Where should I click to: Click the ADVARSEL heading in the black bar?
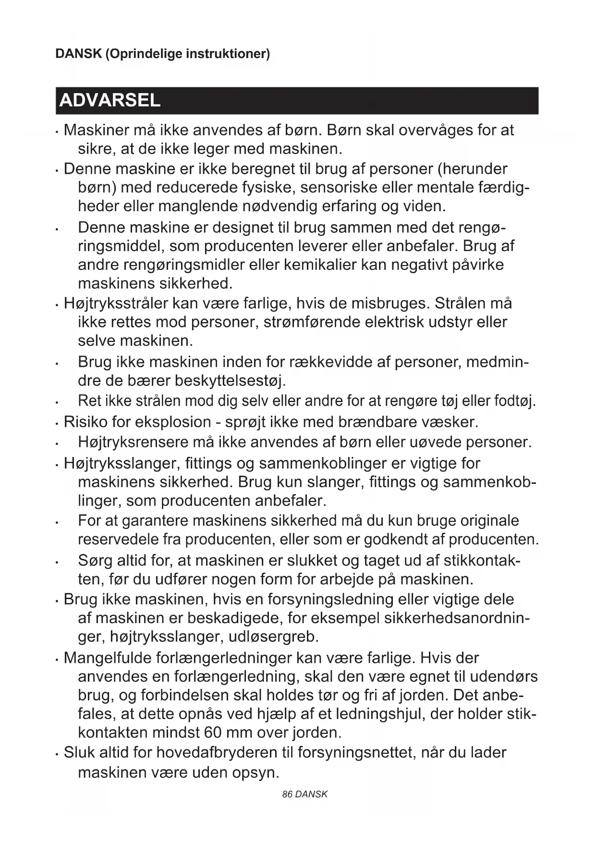click(x=109, y=101)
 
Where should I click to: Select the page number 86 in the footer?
click(x=287, y=794)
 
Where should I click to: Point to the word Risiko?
click(x=85, y=422)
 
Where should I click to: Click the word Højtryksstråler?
click(x=115, y=303)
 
